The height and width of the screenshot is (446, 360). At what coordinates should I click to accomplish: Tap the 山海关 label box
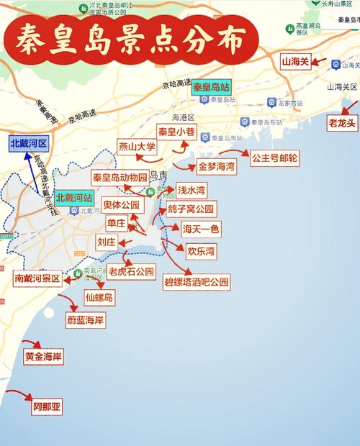[295, 62]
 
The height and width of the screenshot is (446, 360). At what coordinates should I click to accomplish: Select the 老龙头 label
[342, 123]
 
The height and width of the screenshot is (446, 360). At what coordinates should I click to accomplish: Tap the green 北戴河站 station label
[74, 197]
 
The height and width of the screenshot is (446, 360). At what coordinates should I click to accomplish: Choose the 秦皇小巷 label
[176, 132]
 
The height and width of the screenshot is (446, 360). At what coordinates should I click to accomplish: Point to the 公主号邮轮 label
[275, 158]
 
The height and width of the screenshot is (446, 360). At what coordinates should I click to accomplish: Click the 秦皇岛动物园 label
[120, 177]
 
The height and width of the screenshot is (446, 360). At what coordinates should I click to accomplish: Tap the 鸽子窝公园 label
[191, 209]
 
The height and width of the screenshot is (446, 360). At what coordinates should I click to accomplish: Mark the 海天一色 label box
[201, 229]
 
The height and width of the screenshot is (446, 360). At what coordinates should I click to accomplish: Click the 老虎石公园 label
[131, 272]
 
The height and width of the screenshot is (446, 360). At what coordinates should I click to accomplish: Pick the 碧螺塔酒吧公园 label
[196, 282]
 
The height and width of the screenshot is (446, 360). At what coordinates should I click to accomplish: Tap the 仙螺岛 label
[99, 297]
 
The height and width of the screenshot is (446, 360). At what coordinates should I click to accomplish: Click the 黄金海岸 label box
[43, 357]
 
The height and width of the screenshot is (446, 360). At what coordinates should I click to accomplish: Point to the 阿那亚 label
[47, 406]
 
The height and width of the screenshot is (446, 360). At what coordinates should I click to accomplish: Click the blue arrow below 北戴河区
[33, 170]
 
